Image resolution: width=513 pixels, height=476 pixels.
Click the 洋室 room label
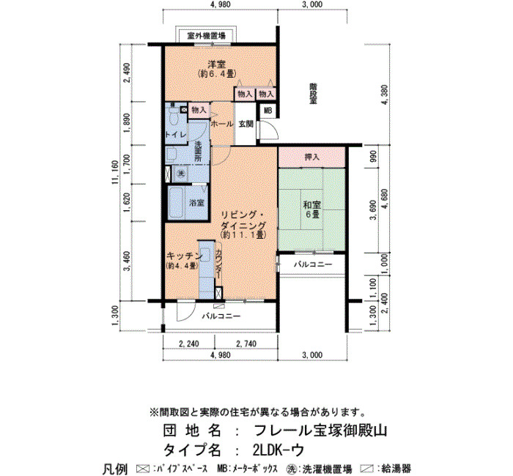point(217,64)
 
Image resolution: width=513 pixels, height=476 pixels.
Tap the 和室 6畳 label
point(311,209)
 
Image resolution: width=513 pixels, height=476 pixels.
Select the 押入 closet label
point(311,157)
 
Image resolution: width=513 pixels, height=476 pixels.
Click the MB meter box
point(268,111)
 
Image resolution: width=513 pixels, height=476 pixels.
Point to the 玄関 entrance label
point(246,124)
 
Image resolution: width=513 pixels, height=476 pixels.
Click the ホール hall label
point(222,124)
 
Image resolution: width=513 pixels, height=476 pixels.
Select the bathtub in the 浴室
point(176,203)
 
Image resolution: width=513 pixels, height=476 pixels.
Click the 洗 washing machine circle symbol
point(180,174)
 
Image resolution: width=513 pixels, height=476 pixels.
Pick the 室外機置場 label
point(206,35)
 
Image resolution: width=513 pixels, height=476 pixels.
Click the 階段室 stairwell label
point(314,94)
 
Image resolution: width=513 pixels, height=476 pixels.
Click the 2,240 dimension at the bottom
point(189,343)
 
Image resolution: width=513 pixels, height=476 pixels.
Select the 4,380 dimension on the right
point(385,94)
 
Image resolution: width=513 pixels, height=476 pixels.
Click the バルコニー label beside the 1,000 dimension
point(313,264)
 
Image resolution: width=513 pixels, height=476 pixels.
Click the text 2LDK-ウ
point(278,450)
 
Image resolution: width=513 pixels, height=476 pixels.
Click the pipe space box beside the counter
point(218,292)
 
